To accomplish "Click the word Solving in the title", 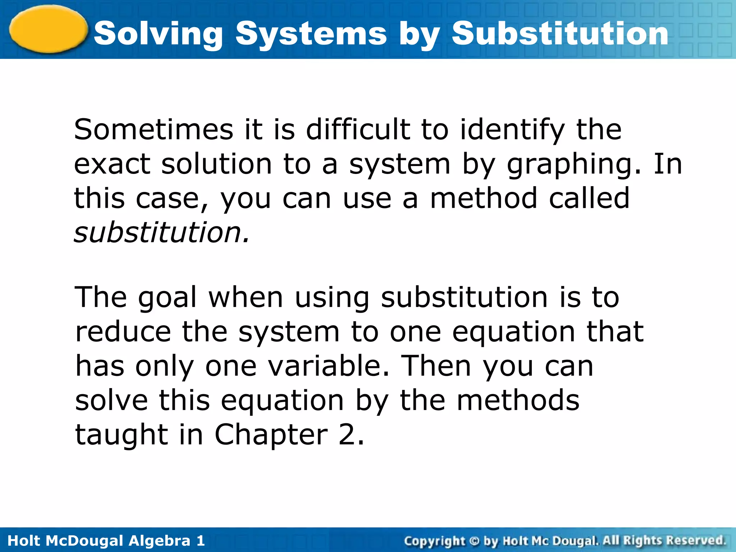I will click(x=158, y=34).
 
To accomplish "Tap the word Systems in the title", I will click(x=311, y=34).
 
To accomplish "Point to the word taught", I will click(x=121, y=435).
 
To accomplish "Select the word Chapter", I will click(x=271, y=435).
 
